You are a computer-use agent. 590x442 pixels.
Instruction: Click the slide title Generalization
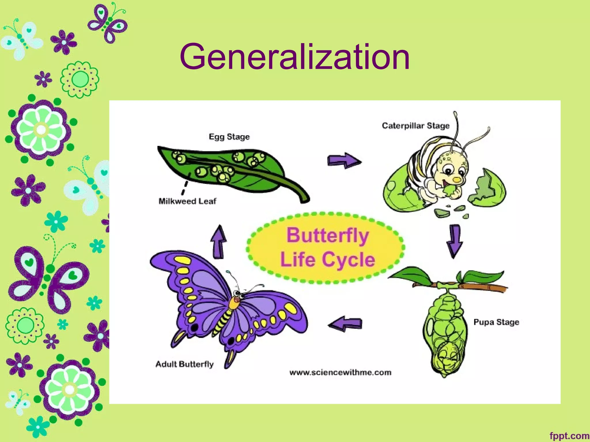pos(294,57)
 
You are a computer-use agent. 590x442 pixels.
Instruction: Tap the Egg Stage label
pos(229,137)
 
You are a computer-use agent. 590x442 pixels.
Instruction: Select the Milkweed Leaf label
pos(187,201)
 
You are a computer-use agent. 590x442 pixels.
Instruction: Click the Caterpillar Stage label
pos(415,126)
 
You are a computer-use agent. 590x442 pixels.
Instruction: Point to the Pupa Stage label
pos(496,322)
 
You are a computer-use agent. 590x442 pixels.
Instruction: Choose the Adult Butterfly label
pos(184,364)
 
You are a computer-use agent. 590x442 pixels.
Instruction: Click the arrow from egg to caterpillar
pos(344,161)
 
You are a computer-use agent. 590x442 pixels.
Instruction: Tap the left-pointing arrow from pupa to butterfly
pos(345,323)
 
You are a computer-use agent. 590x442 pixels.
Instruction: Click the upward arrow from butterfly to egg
pos(219,242)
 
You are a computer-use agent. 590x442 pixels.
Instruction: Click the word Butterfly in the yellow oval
pos(328,235)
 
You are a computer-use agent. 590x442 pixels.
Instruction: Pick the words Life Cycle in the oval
pos(328,260)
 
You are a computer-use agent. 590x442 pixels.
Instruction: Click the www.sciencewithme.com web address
pos(340,373)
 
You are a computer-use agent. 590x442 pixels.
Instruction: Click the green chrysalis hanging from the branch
pos(445,334)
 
